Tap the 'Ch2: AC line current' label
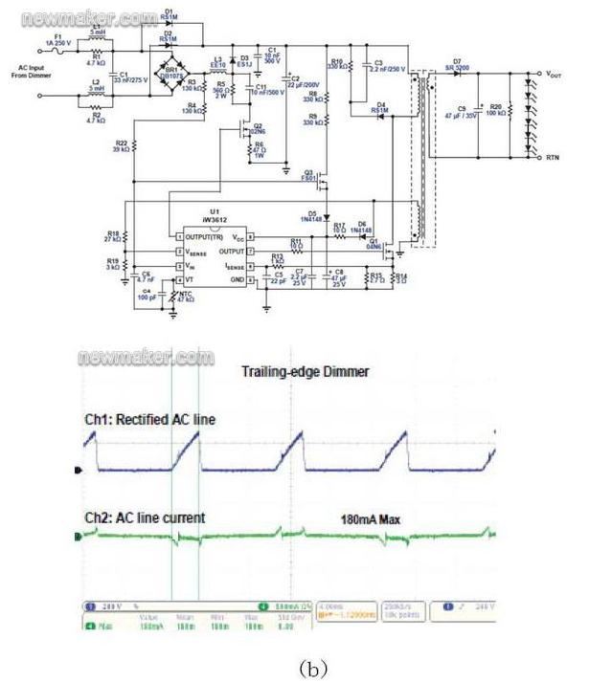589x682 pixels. [x=144, y=517]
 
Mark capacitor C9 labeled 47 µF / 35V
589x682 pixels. [x=466, y=113]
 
